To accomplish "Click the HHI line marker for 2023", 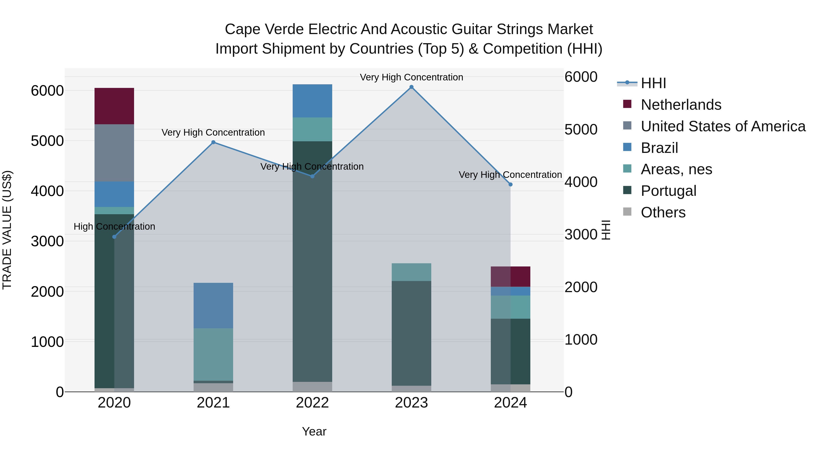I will [x=411, y=87].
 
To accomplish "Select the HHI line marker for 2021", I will [x=213, y=142].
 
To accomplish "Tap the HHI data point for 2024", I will [x=510, y=184].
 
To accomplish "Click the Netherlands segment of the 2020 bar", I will [x=114, y=106].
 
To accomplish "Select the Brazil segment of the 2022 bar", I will [x=312, y=101].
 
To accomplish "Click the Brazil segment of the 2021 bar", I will [x=213, y=305].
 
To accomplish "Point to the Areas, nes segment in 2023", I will [x=411, y=272].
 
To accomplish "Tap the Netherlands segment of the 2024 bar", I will [x=510, y=276].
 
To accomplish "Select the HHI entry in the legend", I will [x=653, y=83].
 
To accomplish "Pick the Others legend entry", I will [x=663, y=212].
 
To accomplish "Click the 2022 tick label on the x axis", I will [x=312, y=403].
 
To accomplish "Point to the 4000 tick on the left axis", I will [x=47, y=191].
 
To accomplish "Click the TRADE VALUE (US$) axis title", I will [x=7, y=230].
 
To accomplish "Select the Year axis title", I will [x=314, y=431].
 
